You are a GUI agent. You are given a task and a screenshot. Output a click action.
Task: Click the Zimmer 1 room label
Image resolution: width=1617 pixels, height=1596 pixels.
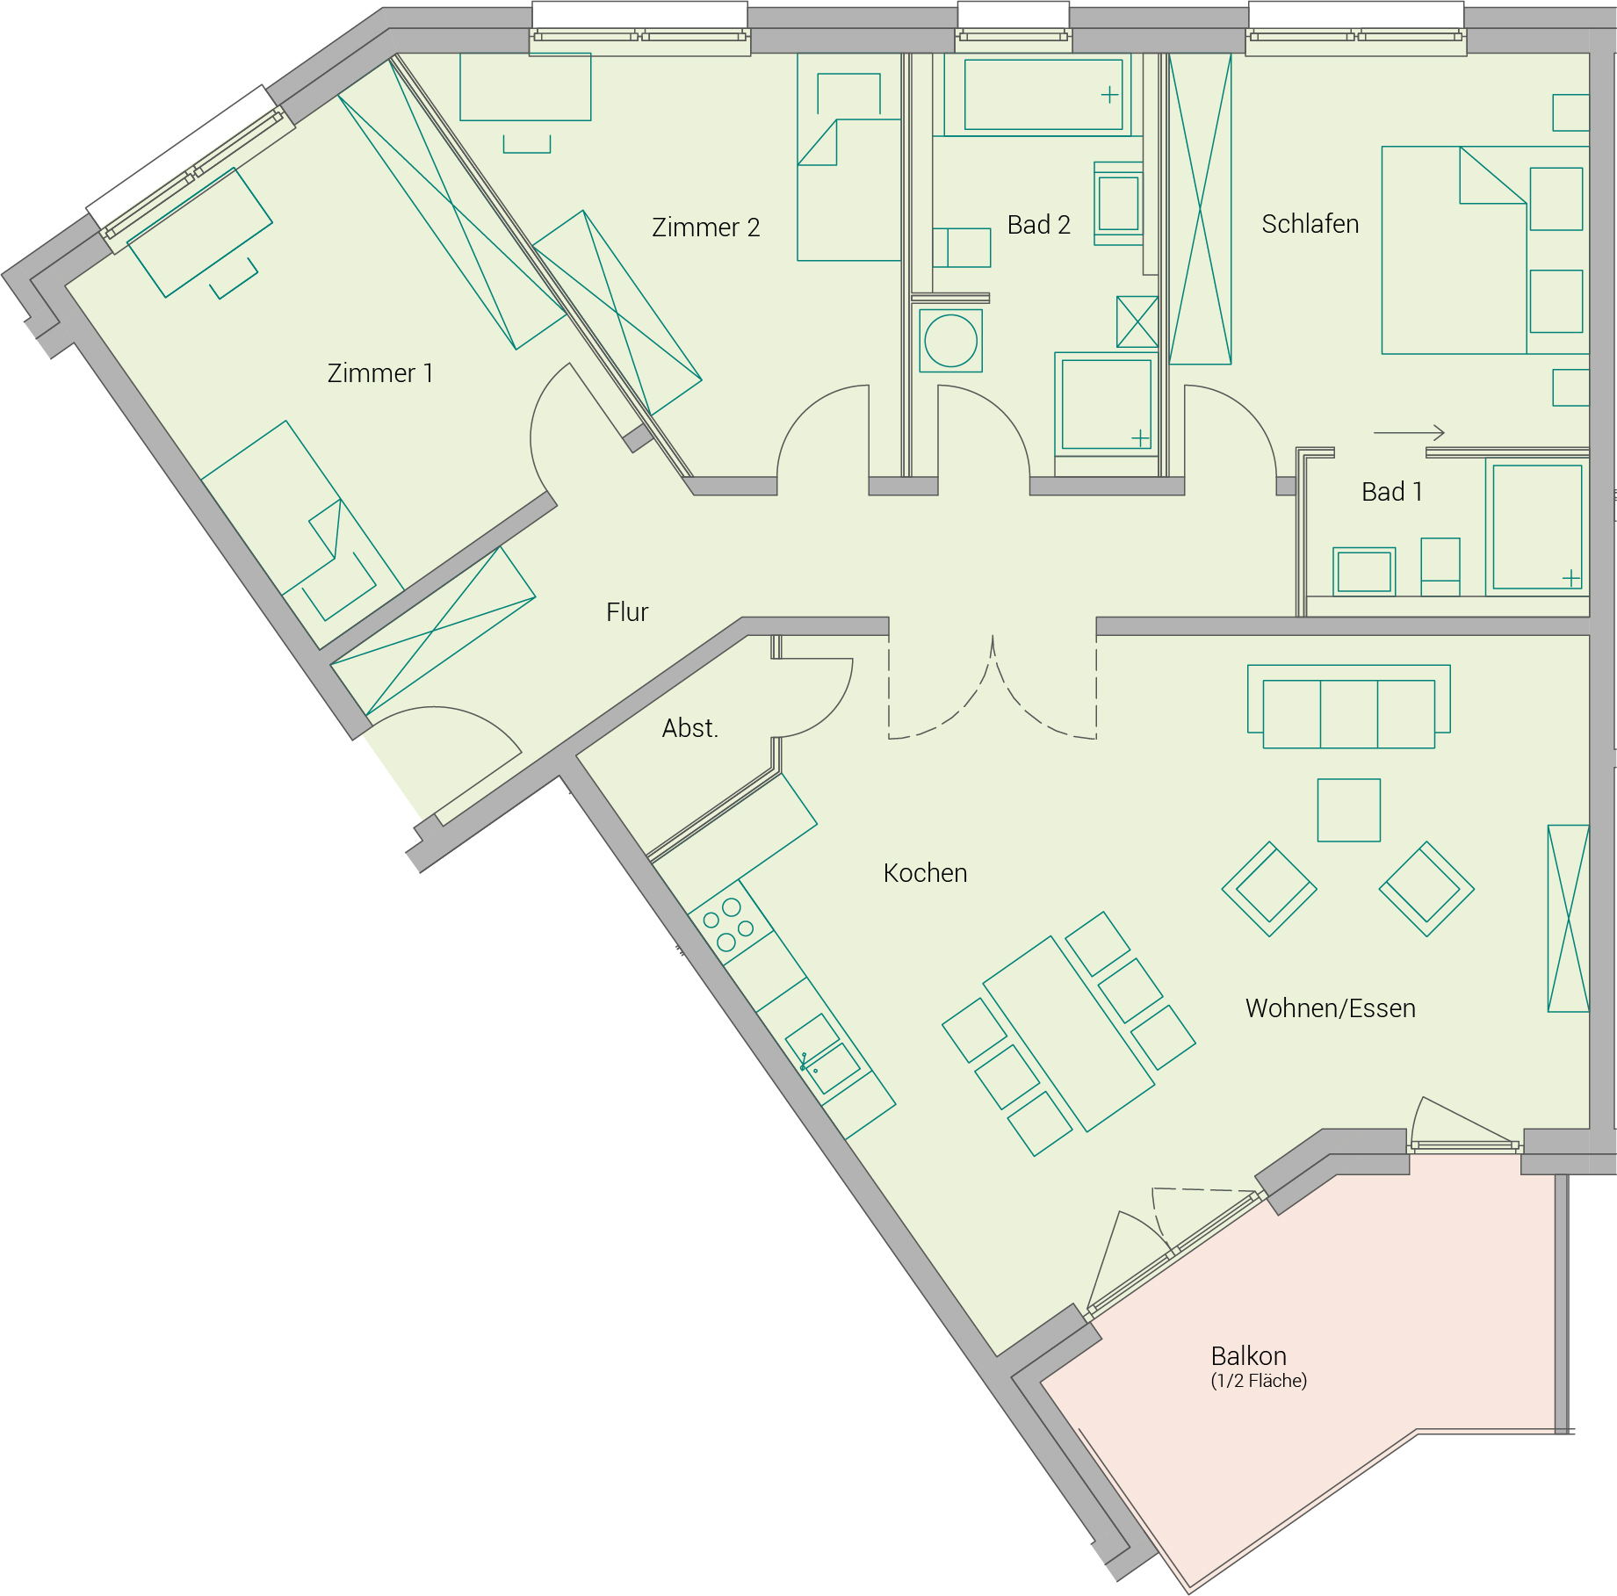380,373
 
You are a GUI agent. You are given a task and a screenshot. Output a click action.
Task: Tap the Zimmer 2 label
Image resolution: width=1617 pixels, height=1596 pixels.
705,227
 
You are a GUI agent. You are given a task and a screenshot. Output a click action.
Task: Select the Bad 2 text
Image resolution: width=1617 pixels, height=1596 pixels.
1038,225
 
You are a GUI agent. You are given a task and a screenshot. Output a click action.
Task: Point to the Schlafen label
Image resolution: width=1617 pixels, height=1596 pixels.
1310,224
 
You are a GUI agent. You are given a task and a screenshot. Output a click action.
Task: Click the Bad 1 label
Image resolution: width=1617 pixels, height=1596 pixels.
1391,492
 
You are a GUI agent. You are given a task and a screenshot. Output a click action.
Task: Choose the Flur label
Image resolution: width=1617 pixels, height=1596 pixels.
627,612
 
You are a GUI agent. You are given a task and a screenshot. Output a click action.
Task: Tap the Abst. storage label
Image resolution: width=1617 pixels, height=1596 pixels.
690,728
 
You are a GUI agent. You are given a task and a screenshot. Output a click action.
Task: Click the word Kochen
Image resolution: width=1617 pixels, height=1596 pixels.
925,873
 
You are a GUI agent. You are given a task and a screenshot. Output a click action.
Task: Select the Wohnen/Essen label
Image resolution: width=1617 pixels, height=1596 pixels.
1330,1008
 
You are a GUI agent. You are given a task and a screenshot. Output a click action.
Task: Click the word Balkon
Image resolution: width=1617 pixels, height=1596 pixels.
1248,1355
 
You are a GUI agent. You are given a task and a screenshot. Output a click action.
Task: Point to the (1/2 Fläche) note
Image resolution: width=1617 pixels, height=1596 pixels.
1259,1381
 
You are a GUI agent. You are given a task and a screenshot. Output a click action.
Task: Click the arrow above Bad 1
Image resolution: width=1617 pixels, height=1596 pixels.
1409,432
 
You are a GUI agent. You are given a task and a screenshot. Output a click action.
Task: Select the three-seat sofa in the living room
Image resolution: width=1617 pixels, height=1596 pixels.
1348,706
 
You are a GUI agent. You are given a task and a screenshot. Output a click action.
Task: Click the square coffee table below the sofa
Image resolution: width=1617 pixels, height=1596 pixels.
1348,810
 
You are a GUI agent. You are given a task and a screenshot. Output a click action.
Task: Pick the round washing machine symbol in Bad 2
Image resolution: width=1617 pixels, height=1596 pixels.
950,341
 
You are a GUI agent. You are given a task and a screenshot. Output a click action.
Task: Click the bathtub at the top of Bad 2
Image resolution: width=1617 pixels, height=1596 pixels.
1043,95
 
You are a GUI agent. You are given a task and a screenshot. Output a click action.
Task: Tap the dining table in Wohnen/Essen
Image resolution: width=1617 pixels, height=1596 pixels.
1068,1034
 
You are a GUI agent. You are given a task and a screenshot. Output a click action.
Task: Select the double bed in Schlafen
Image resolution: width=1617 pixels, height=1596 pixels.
1485,250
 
